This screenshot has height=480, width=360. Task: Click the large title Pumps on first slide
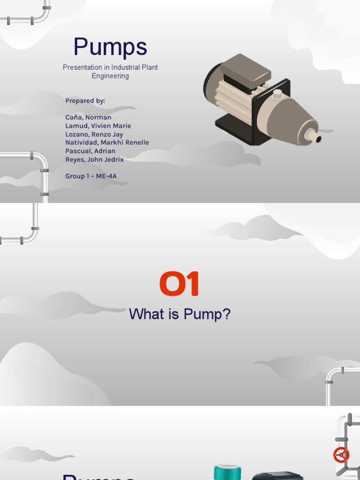click(x=110, y=47)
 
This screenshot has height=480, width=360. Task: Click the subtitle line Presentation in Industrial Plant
click(x=110, y=67)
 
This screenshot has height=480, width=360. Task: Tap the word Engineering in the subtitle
click(x=110, y=76)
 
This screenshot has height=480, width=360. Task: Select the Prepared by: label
click(x=85, y=101)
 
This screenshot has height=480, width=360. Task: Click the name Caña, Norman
click(x=88, y=117)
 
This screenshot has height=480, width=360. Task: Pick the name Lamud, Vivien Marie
click(x=98, y=126)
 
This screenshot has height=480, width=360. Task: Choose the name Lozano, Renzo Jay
click(x=94, y=134)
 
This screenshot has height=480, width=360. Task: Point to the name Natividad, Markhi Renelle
click(x=107, y=142)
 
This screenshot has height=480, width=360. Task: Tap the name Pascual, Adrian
click(x=90, y=151)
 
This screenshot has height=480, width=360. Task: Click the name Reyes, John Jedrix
click(x=94, y=159)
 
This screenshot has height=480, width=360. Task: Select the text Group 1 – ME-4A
click(x=91, y=176)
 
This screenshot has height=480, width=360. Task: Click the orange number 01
click(x=180, y=285)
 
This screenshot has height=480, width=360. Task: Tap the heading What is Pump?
click(x=180, y=314)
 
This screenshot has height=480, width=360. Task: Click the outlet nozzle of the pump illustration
click(x=314, y=136)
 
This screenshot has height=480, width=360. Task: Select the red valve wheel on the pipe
click(x=341, y=455)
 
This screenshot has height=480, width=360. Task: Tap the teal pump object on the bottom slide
click(x=227, y=472)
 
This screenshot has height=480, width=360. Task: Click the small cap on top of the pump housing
click(x=277, y=95)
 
